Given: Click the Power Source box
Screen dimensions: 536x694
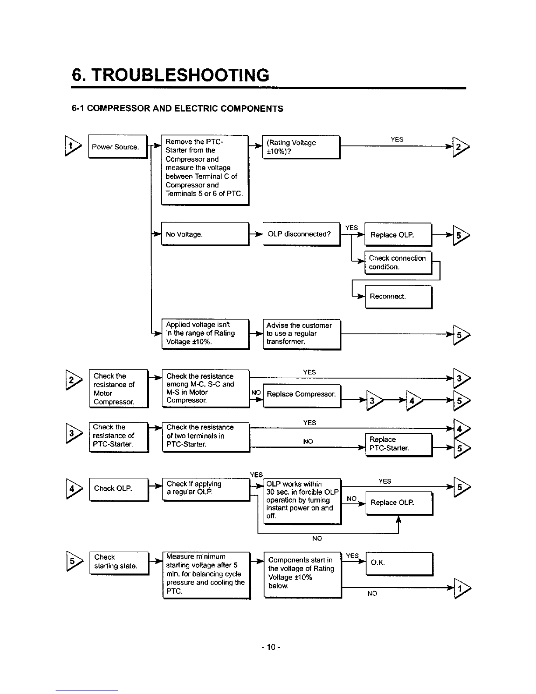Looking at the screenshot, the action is (x=118, y=147).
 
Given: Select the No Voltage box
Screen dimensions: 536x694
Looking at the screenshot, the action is (x=205, y=234).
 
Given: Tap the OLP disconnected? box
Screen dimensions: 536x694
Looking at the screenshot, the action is (x=302, y=234).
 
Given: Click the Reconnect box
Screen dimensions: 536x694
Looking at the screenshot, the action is (x=399, y=297).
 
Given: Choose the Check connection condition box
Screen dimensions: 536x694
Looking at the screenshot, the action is (x=398, y=262).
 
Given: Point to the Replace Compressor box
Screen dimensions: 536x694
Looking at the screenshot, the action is (x=302, y=396).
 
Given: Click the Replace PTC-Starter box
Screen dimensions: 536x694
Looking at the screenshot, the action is (x=399, y=445).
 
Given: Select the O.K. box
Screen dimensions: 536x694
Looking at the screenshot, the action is (x=399, y=564).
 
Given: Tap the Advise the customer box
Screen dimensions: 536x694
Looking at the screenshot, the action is (x=302, y=334).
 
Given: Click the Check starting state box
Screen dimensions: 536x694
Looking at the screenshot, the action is (x=120, y=563).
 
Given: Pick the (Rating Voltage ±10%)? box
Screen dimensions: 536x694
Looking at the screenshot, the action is (x=301, y=147).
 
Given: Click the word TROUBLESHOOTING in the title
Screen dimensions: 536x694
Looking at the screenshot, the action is (x=180, y=75).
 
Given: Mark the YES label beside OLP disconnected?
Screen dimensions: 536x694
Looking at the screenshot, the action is (x=352, y=228).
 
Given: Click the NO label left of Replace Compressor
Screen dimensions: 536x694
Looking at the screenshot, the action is (x=256, y=393).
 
